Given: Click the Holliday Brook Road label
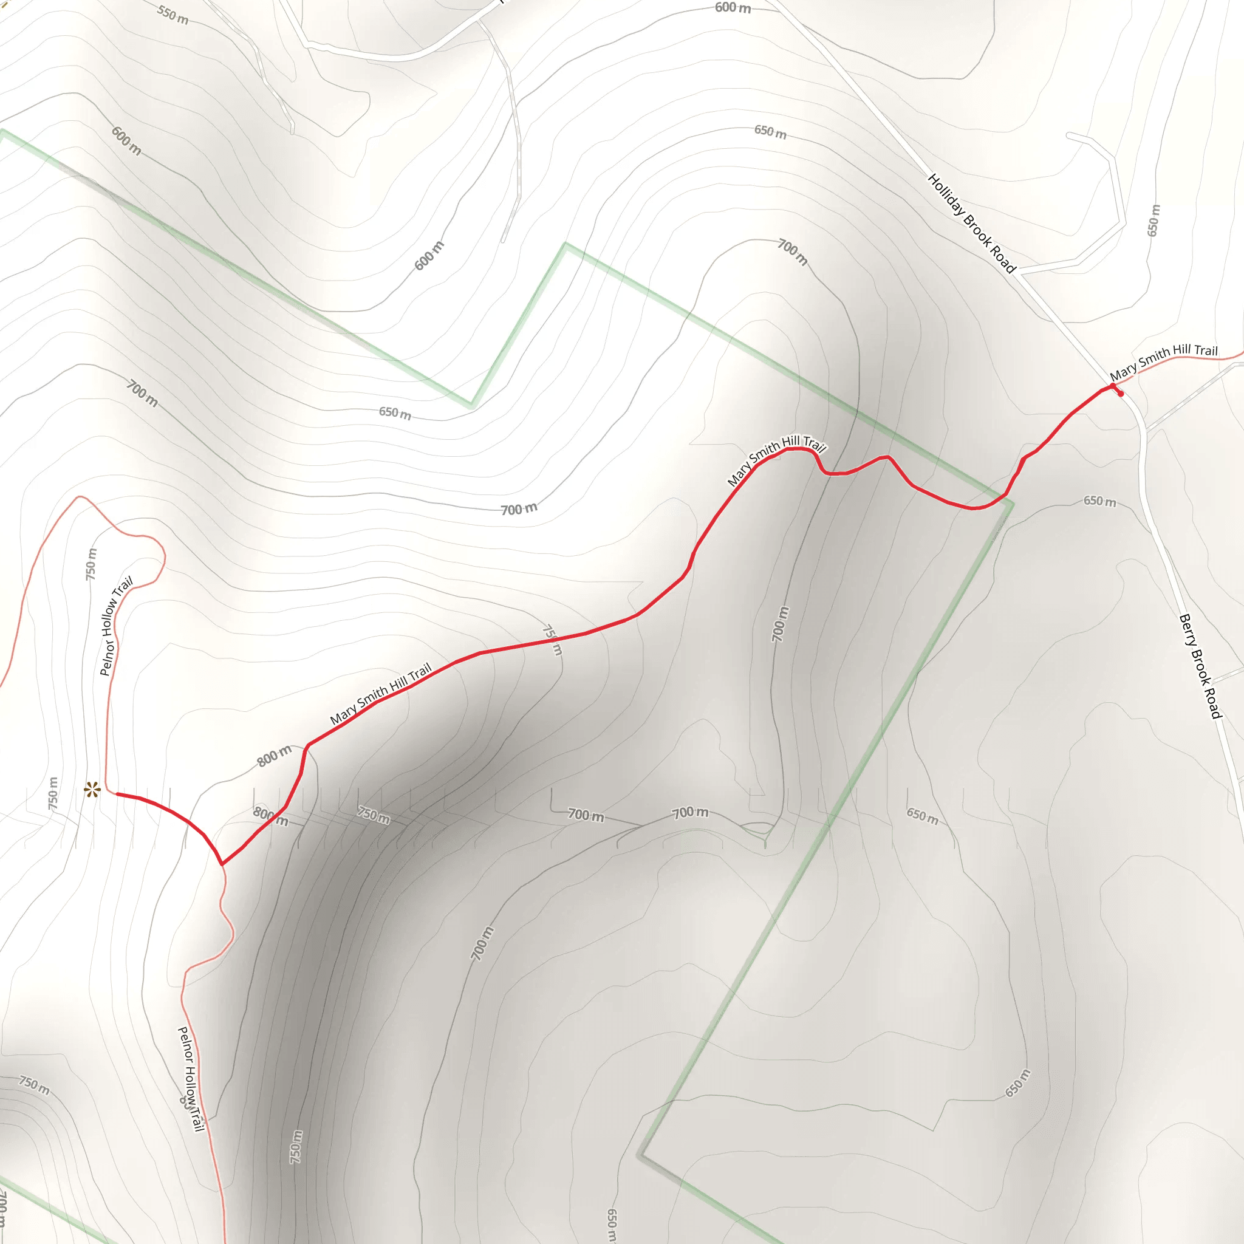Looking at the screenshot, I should coord(971,223).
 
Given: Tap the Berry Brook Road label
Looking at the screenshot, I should coord(1200,666).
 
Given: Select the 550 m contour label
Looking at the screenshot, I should coord(173,14).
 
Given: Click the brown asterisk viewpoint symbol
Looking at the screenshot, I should coord(93,790).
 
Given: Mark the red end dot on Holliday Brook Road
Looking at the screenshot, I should coord(1121,394).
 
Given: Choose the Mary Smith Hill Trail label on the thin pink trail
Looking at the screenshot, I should coord(1163,361).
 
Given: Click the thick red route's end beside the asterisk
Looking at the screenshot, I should coord(117,794).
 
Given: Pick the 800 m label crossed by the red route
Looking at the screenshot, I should coord(270,816).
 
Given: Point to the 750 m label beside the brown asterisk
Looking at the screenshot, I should coord(53,794).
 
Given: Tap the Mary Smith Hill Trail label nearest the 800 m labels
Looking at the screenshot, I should coord(380,694).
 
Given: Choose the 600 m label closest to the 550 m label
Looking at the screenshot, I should coord(126,140).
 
